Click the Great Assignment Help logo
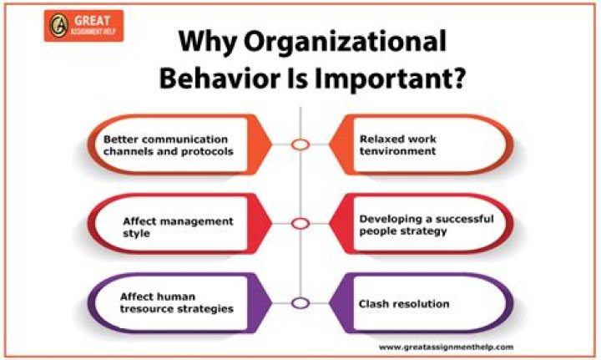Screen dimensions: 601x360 pos(83,26)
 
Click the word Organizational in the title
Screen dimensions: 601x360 pos(346,42)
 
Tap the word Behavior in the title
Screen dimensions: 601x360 pos(220,78)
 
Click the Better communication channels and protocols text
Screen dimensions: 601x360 pos(169,145)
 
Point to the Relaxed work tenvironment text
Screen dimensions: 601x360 pos(398,145)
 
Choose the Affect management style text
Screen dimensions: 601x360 pos(178,227)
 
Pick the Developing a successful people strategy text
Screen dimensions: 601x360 pos(427,225)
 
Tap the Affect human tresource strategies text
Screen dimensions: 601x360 pos(177,302)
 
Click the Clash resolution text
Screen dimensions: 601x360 pos(404,304)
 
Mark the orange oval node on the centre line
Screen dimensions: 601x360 pos(300,145)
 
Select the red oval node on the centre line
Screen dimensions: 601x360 pos(300,224)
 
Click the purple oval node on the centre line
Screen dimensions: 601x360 pos(300,303)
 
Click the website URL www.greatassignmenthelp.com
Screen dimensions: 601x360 pos(446,347)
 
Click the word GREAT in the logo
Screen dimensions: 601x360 pos(92,20)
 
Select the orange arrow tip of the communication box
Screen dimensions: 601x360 pos(271,145)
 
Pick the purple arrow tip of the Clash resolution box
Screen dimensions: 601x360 pos(330,303)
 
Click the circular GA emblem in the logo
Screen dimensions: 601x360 pos(59,26)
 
